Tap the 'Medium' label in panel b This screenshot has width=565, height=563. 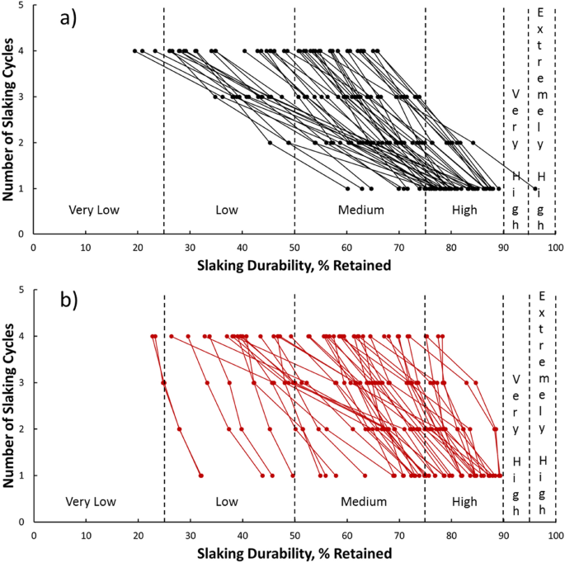click(x=361, y=501)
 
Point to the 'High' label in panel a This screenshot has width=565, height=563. click(x=464, y=210)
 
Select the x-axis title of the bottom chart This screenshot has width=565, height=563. click(x=294, y=551)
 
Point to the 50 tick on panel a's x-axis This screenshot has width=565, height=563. click(x=294, y=246)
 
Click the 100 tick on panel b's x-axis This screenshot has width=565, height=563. click(x=555, y=532)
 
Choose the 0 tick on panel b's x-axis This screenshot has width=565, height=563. click(x=34, y=532)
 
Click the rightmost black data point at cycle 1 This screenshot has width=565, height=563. click(x=535, y=188)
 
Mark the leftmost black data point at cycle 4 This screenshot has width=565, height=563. click(x=134, y=50)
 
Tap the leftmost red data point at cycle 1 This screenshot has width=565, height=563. click(x=200, y=475)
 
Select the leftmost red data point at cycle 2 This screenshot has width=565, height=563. click(x=179, y=429)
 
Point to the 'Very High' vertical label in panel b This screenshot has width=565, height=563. click(x=516, y=429)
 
